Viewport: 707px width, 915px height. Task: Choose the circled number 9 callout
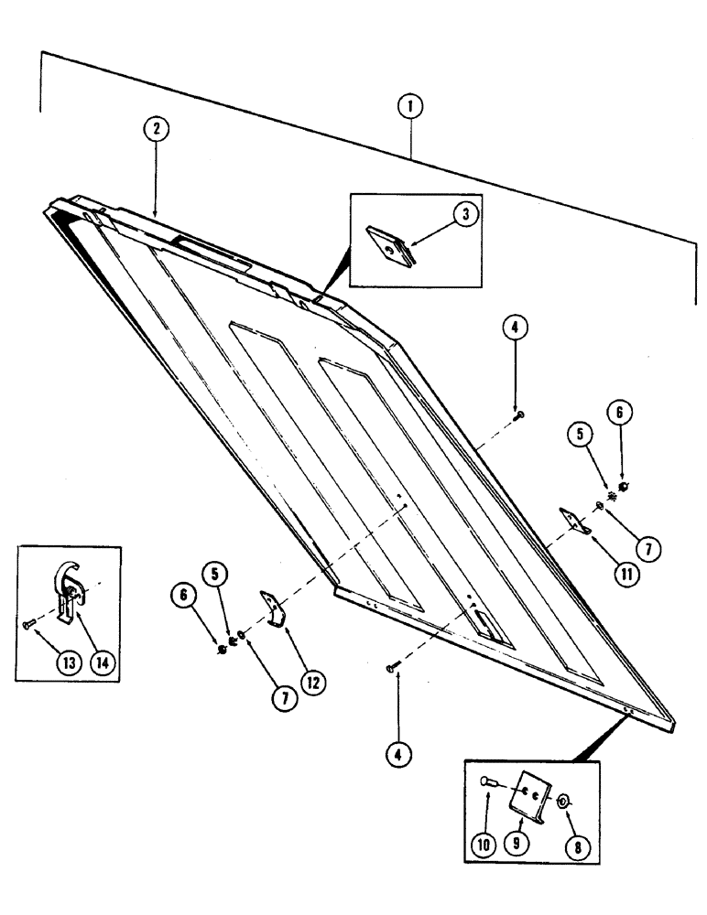pos(520,846)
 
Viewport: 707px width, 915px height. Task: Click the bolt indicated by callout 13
pos(28,624)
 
